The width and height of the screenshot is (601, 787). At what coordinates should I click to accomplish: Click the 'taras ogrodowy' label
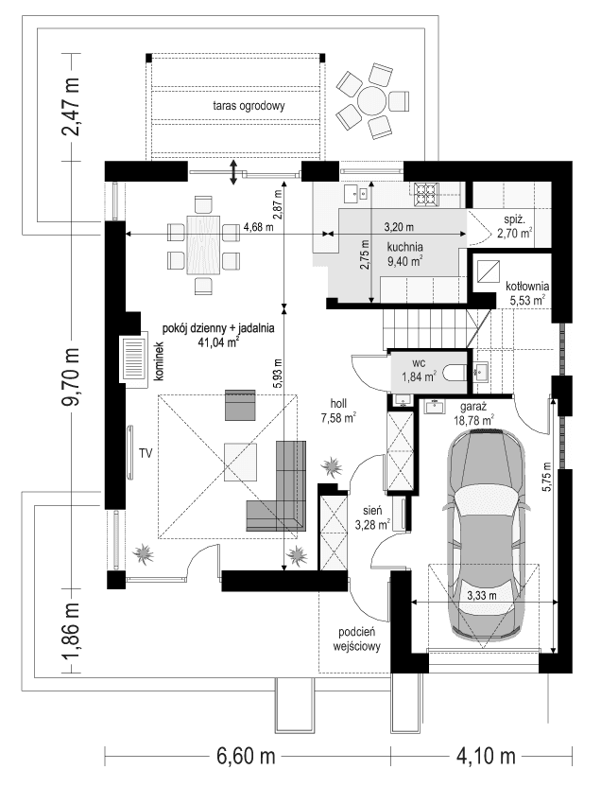249,106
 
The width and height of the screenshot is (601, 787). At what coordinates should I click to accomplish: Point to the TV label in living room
146,454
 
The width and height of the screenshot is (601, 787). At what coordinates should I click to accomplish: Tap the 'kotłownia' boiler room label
527,286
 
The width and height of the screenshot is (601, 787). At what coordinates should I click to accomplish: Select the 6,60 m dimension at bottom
247,757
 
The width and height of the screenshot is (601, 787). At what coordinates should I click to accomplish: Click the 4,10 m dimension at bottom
486,757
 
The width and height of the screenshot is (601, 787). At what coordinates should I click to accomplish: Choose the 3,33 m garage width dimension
483,597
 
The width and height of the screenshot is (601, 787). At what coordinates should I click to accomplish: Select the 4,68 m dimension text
257,227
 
